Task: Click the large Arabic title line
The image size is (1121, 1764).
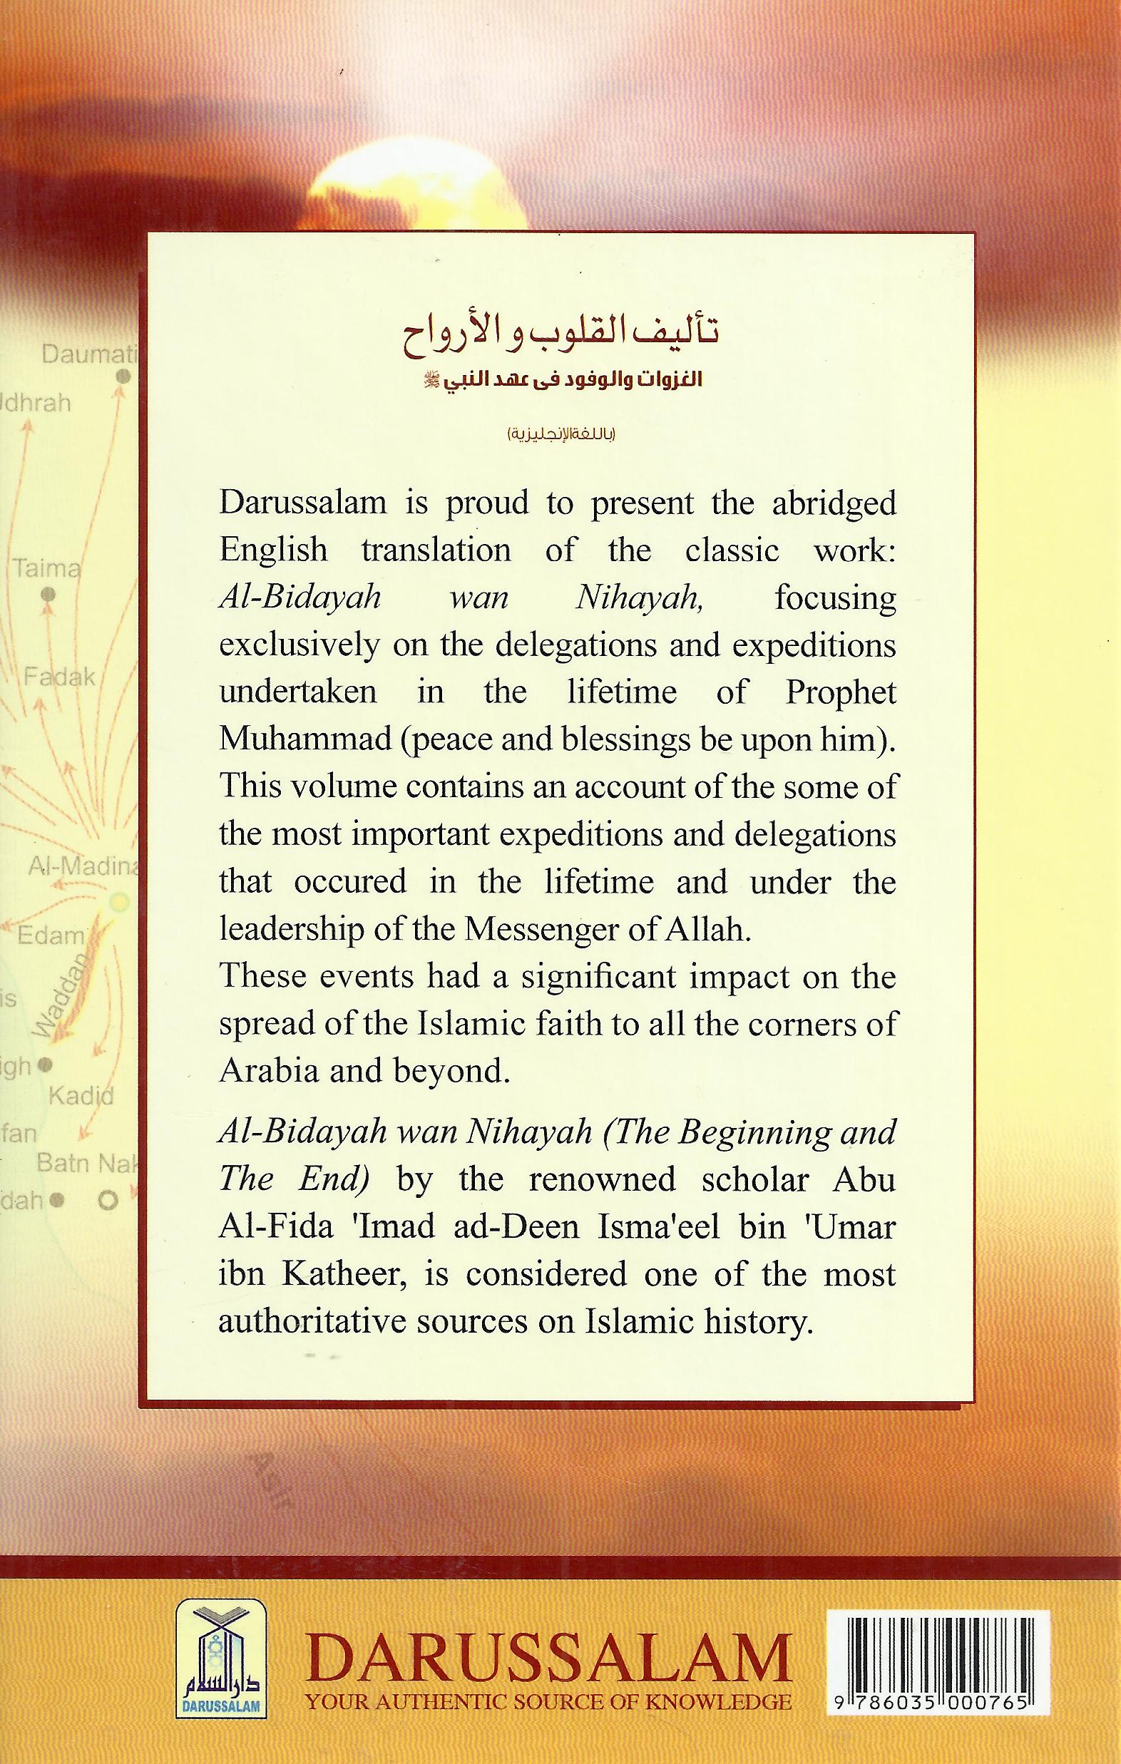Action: (560, 337)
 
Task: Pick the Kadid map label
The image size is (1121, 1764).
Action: (81, 1096)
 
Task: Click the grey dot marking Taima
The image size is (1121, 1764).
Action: (48, 595)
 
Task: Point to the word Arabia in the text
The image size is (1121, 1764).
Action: (265, 1072)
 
